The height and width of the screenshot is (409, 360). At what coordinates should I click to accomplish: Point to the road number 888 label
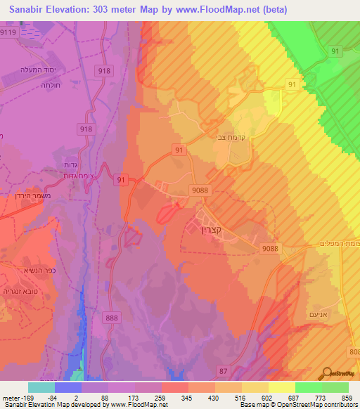[110, 299]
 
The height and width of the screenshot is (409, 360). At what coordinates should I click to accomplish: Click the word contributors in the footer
[339, 405]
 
